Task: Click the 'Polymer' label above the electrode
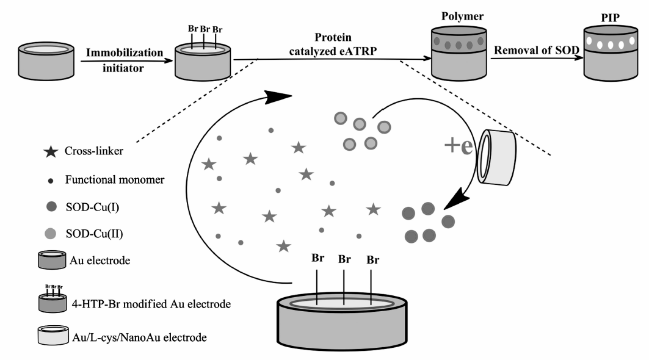[x=462, y=16]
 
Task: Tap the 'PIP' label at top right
[x=610, y=18]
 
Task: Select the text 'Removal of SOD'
[x=537, y=50]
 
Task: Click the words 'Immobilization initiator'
[x=124, y=60]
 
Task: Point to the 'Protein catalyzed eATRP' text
[x=333, y=44]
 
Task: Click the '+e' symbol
[x=458, y=145]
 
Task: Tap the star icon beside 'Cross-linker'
[x=51, y=151]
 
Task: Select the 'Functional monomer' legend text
[x=115, y=179]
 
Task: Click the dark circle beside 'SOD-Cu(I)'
[x=51, y=206]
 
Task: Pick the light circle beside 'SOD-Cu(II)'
[x=51, y=234]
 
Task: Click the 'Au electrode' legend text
[x=100, y=261]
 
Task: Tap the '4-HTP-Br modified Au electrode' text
[x=151, y=304]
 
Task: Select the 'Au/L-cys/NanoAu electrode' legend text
[x=139, y=337]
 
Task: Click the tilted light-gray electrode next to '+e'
[x=497, y=157]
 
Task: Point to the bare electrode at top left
[x=46, y=60]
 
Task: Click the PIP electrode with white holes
[x=611, y=53]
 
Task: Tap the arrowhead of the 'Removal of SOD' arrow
[x=579, y=58]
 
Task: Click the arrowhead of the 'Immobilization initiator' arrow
[x=168, y=61]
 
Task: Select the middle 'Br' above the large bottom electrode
[x=344, y=259]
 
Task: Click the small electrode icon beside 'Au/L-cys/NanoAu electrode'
[x=53, y=335]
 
